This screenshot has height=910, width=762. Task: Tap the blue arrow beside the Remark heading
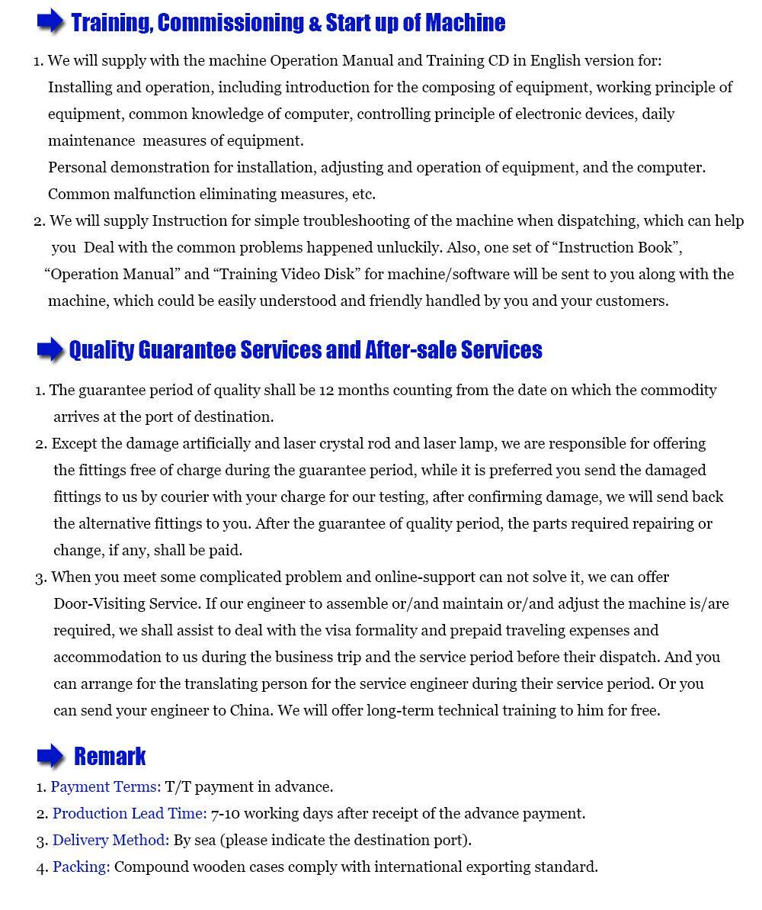click(50, 756)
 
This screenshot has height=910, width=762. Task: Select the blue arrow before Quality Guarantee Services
click(50, 350)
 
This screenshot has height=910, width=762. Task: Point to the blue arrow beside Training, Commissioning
click(50, 23)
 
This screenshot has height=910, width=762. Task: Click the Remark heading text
click(110, 757)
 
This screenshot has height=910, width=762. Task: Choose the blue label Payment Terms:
click(106, 786)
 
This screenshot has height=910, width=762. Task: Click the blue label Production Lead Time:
click(130, 813)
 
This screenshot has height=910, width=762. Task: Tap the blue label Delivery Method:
click(111, 840)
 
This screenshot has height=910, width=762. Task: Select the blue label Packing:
click(82, 867)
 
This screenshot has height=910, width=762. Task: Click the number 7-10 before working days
click(226, 813)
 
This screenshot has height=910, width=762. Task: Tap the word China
click(251, 710)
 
